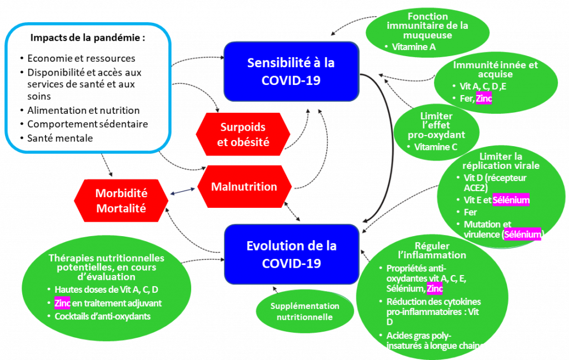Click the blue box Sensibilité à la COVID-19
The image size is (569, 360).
point(291,71)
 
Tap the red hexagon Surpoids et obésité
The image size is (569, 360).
point(243,134)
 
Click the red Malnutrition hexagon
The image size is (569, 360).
point(244,187)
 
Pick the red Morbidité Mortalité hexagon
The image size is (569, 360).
point(121,201)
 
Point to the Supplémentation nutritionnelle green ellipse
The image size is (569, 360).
point(305,311)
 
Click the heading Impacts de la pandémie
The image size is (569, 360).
point(87,38)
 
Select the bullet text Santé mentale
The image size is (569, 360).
point(59,137)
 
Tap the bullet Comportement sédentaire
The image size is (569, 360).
point(87,124)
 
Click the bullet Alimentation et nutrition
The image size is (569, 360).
point(83,111)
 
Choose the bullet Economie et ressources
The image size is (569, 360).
point(81,58)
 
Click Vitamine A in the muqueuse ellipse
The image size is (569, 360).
point(413,47)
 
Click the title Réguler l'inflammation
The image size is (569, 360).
point(440,251)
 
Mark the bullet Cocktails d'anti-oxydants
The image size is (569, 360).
point(102,317)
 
